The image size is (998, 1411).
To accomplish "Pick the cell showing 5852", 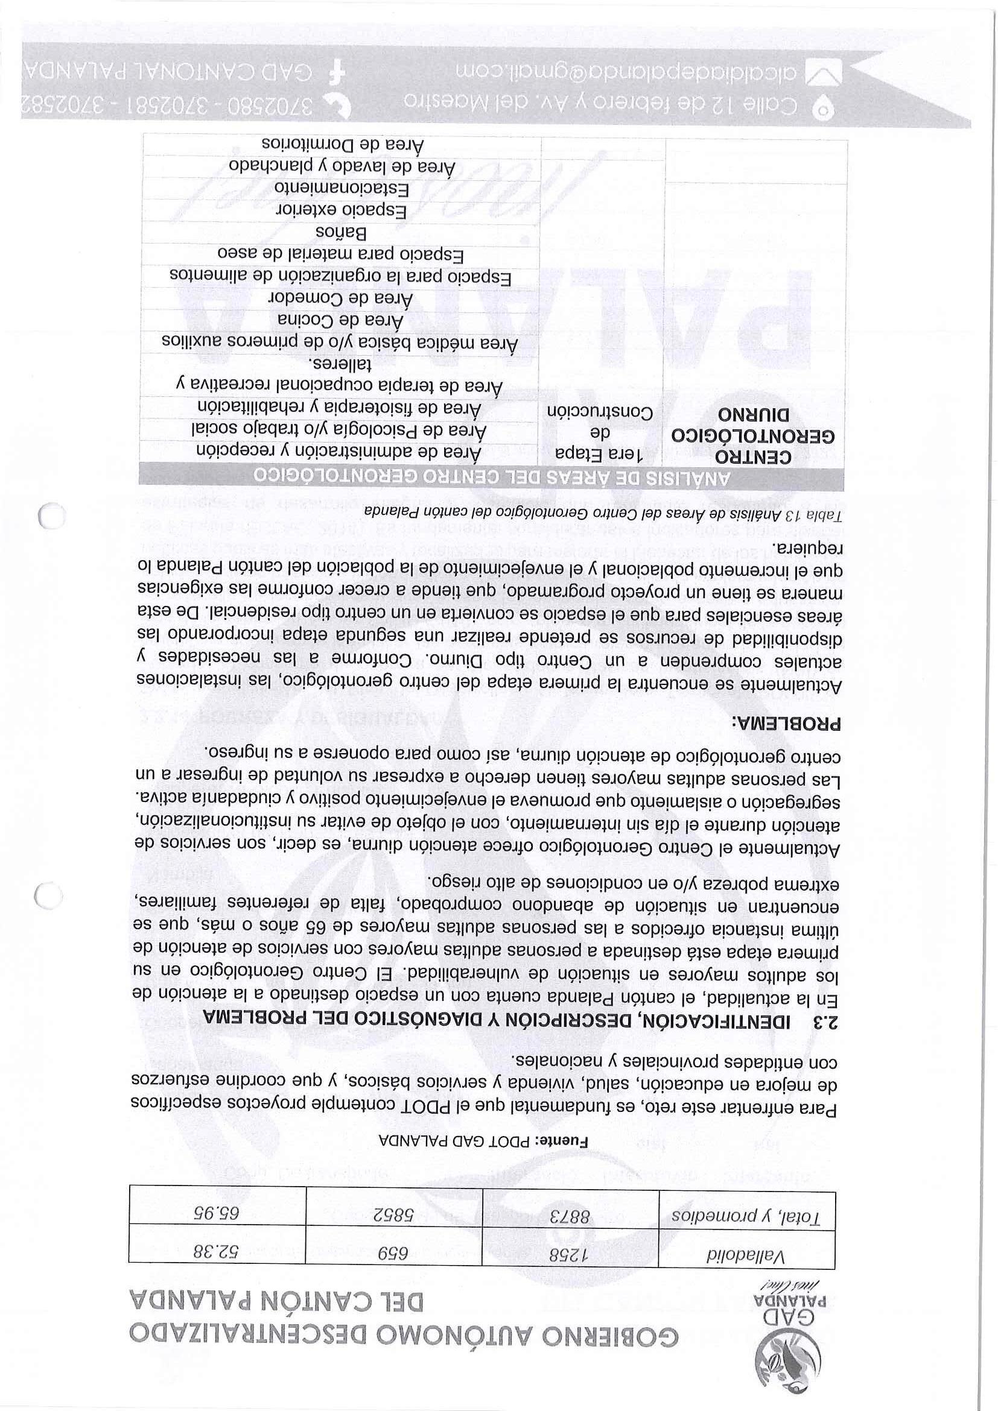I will (395, 1214).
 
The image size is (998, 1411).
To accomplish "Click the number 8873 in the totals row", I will (571, 1214).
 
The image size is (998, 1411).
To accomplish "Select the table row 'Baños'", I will (342, 233).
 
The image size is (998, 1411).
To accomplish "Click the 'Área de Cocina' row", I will (341, 320).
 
